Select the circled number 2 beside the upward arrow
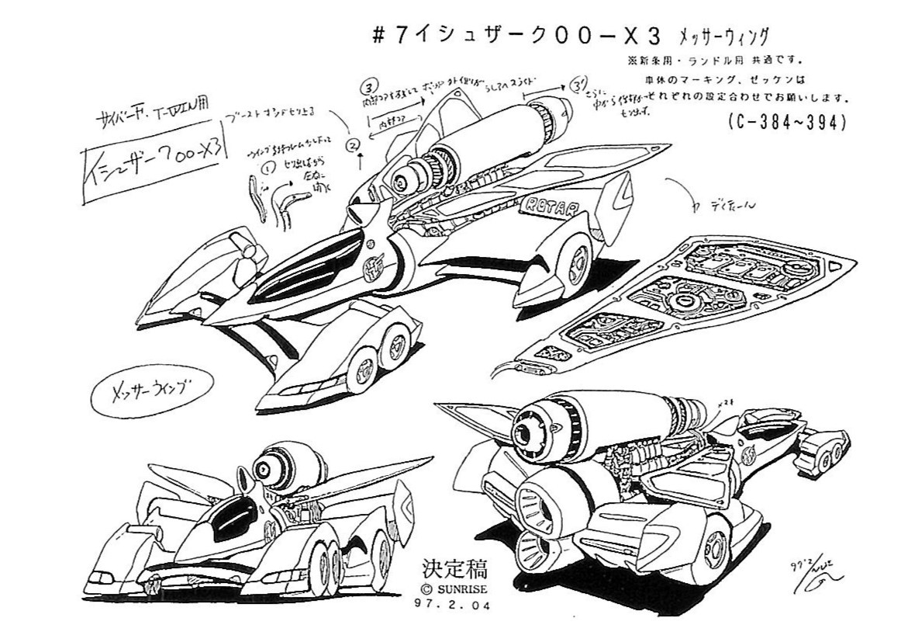point(354,145)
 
